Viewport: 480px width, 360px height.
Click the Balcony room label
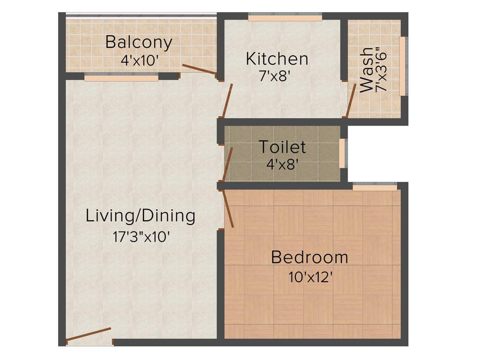tap(139, 43)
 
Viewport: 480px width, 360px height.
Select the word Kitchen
tap(277, 59)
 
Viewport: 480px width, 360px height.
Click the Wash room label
tap(366, 70)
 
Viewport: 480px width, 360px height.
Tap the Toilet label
tap(282, 147)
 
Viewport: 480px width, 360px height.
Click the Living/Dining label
tap(140, 216)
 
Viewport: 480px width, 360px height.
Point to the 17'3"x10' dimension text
tap(140, 236)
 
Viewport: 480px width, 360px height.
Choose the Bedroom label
tap(309, 257)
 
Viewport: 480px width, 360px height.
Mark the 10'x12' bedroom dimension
tap(311, 277)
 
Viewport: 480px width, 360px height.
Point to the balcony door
tap(199, 69)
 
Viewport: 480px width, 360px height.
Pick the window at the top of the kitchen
tap(285, 18)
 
